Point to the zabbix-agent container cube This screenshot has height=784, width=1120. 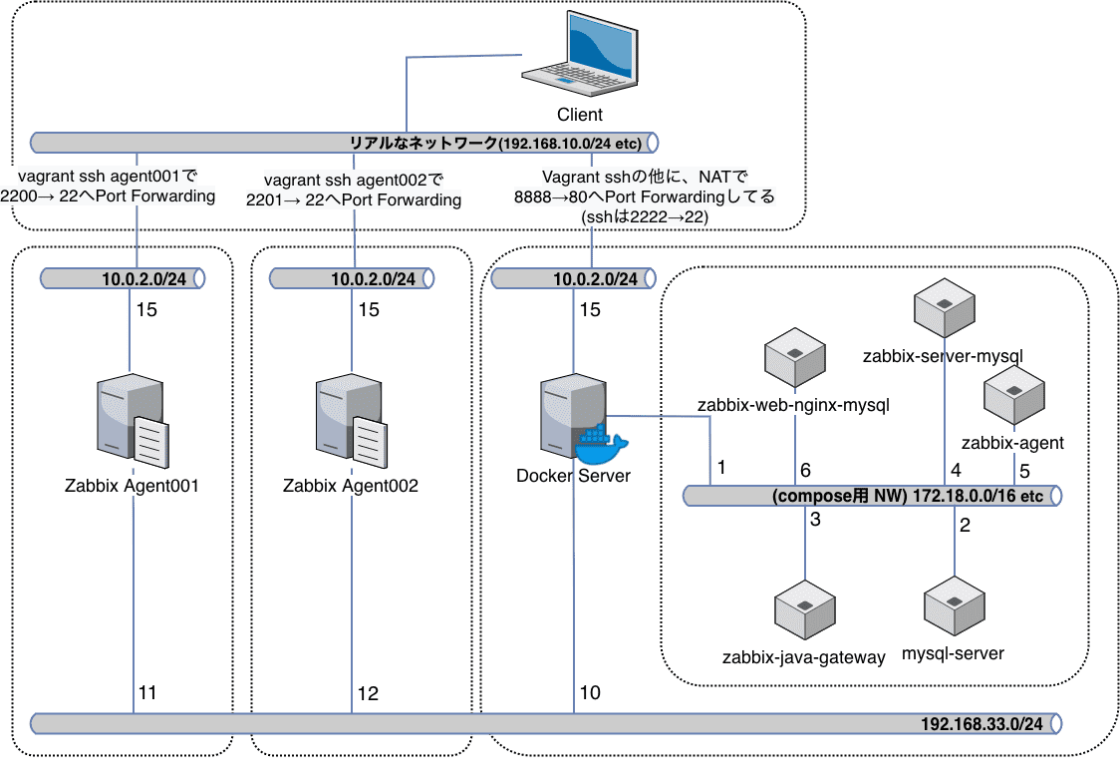(x=1012, y=396)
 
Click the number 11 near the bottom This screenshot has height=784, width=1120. (x=147, y=691)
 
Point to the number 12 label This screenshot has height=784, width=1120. (x=368, y=693)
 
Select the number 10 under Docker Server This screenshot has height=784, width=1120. (x=589, y=692)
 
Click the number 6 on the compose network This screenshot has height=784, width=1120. (x=805, y=469)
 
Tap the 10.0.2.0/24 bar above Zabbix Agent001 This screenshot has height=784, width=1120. (x=123, y=278)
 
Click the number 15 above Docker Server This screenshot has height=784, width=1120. (x=590, y=310)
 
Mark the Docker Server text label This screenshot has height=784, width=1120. (x=573, y=476)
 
